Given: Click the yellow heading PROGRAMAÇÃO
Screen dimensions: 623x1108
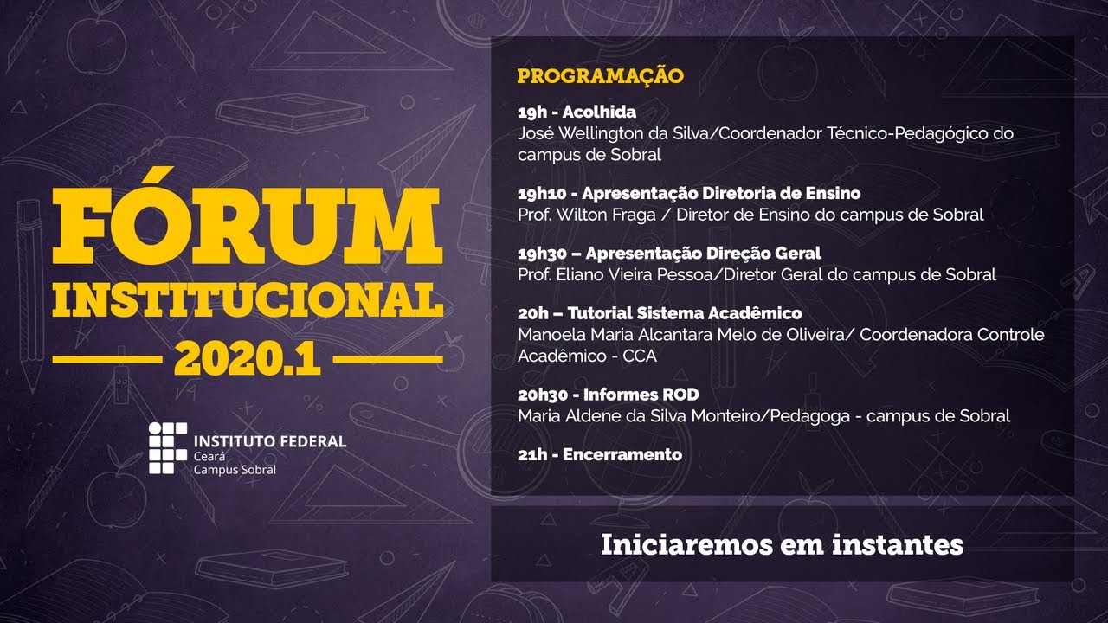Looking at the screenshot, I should point(600,76).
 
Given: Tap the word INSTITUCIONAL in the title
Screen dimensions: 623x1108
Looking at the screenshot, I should point(248,299).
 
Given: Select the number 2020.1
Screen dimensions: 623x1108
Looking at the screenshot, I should point(248,356).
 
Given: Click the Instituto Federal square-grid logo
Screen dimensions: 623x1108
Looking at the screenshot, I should point(167,448).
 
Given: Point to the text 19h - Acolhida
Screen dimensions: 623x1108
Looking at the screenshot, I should point(577,112).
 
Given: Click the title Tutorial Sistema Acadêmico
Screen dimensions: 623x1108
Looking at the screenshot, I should point(683,312).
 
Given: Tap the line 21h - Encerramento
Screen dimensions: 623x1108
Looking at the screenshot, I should point(600,454).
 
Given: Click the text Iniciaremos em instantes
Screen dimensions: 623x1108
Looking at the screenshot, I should point(782,544).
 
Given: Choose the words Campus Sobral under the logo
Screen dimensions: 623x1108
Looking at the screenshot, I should point(235,469).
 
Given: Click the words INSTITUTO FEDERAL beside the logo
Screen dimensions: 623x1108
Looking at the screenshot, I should point(269,441).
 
